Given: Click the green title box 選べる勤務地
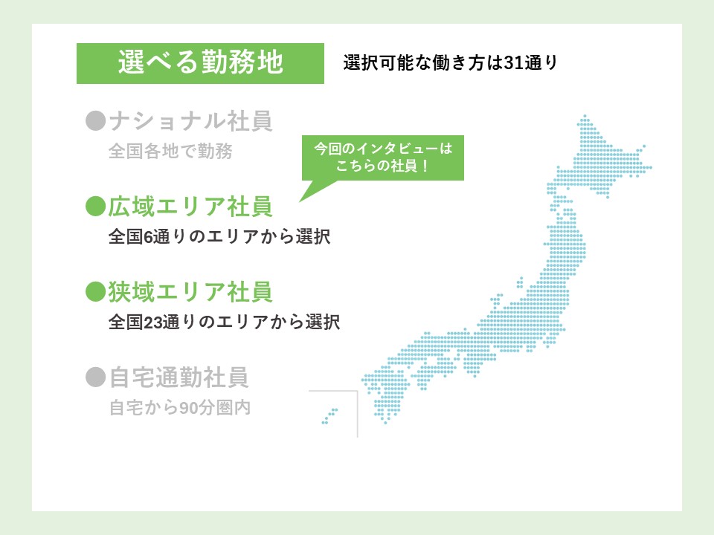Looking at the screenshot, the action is click(x=200, y=63).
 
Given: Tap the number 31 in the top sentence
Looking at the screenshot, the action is click(x=514, y=62).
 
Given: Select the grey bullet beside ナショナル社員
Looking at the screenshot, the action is click(x=96, y=121).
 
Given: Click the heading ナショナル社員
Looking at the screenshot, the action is click(x=191, y=121).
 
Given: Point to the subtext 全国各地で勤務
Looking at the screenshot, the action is click(x=170, y=151).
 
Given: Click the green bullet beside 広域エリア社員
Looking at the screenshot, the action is click(x=96, y=207).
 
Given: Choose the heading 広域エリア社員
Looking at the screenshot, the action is click(x=190, y=207).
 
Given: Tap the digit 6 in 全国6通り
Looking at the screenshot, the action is click(x=149, y=237).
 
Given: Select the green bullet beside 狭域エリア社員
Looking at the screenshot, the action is click(x=96, y=291).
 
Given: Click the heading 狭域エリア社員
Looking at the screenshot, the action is click(x=190, y=291).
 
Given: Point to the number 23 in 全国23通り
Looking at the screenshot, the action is click(x=153, y=322).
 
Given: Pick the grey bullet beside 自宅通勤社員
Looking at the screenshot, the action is click(x=96, y=377).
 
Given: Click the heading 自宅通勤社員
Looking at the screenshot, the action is click(x=179, y=377).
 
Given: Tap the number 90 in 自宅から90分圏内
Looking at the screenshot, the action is click(x=188, y=408).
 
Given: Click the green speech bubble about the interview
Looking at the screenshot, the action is click(x=383, y=158).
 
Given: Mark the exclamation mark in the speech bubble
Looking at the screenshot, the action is click(x=425, y=166).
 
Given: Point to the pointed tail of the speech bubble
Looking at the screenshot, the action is click(x=300, y=201).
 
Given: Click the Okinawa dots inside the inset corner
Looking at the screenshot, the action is click(x=329, y=416).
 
